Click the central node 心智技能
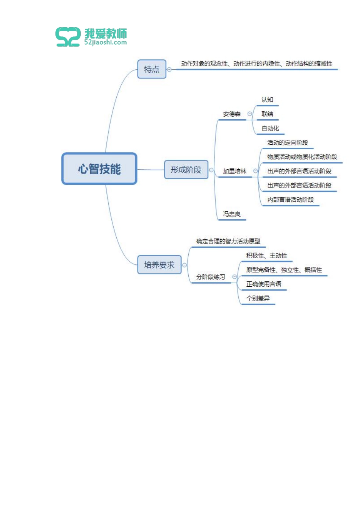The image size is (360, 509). pyautogui.click(x=99, y=169)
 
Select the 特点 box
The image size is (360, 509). pyautogui.click(x=152, y=69)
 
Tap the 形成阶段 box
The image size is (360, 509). pyautogui.click(x=186, y=170)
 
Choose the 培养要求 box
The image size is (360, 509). pyautogui.click(x=159, y=265)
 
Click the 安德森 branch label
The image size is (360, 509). pyautogui.click(x=232, y=114)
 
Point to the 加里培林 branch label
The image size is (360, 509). pyautogui.click(x=234, y=171)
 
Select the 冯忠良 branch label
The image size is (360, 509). pyautogui.click(x=232, y=214)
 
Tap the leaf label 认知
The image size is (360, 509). pyautogui.click(x=267, y=100)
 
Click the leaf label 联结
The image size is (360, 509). pyautogui.click(x=267, y=114)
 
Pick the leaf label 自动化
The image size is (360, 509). pyautogui.click(x=270, y=128)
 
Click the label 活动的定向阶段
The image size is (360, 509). pyautogui.click(x=287, y=143)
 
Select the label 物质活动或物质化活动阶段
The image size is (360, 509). pyautogui.click(x=302, y=157)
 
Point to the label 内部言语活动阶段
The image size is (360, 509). pyautogui.click(x=290, y=200)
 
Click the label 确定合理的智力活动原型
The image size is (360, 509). pyautogui.click(x=228, y=241)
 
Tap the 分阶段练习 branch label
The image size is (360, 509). pyautogui.click(x=210, y=277)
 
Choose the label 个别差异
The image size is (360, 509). pyautogui.click(x=258, y=298)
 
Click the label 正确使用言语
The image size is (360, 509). pyautogui.click(x=263, y=284)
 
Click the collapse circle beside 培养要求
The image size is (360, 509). pyautogui.click(x=185, y=265)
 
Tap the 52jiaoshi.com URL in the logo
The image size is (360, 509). pyautogui.click(x=105, y=42)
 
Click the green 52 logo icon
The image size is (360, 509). pyautogui.click(x=68, y=37)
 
